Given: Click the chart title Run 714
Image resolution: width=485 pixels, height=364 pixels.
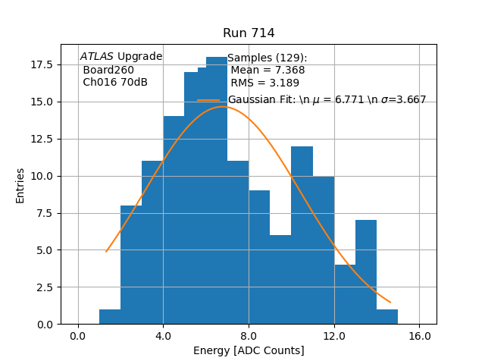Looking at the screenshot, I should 249,33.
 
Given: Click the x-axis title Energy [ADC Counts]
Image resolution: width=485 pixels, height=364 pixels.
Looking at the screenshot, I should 249,350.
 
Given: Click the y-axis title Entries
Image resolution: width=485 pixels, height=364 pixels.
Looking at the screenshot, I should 20,185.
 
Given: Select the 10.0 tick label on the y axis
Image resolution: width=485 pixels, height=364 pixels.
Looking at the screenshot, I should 42,176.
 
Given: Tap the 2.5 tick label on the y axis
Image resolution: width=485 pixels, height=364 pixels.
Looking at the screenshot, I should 44,287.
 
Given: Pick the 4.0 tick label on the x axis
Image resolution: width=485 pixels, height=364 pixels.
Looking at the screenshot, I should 163,336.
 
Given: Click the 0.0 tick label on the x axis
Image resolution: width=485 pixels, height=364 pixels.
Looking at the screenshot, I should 78,336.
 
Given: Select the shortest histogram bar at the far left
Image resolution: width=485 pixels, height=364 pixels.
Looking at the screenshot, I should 110,316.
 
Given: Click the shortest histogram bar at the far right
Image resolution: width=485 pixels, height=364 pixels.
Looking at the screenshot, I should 386,316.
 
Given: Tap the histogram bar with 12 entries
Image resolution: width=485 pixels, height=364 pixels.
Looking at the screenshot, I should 302,235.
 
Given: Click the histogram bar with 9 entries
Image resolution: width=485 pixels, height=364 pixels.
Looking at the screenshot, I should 259,257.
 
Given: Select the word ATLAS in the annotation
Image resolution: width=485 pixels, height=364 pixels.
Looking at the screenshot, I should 97,57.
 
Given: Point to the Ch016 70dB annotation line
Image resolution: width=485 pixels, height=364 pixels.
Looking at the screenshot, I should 115,82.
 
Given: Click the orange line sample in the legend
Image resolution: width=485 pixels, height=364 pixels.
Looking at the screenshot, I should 208,100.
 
